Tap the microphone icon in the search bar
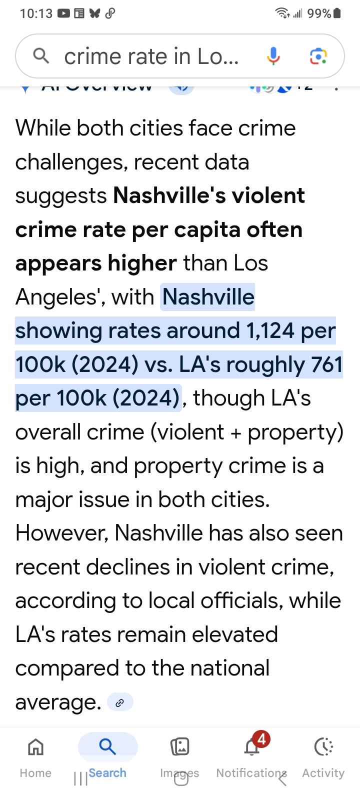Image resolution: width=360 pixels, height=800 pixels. tap(273, 56)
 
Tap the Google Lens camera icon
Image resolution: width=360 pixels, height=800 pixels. tap(318, 56)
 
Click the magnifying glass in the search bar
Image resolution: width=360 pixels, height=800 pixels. tap(41, 56)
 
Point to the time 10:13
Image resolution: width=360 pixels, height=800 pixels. tap(36, 13)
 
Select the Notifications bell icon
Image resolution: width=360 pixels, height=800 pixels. tap(251, 748)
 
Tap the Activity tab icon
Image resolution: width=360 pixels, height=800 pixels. tap(323, 747)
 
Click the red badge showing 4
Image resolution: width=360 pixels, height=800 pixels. tap(261, 738)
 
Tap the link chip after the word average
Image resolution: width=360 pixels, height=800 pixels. tap(120, 702)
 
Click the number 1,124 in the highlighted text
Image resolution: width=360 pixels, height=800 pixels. tap(269, 331)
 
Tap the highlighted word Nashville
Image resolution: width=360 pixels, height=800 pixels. tap(208, 297)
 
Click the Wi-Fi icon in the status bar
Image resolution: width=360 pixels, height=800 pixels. tap(282, 13)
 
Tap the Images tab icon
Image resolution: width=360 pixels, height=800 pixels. tap(179, 747)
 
